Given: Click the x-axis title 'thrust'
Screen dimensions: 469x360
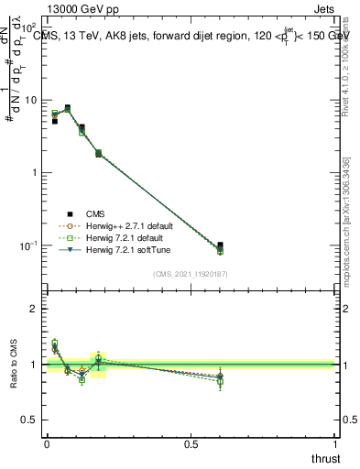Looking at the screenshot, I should [325, 458].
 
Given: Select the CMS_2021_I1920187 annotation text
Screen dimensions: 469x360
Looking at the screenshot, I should [190, 273].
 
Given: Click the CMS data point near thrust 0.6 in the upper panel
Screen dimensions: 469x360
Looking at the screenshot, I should [220, 245].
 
